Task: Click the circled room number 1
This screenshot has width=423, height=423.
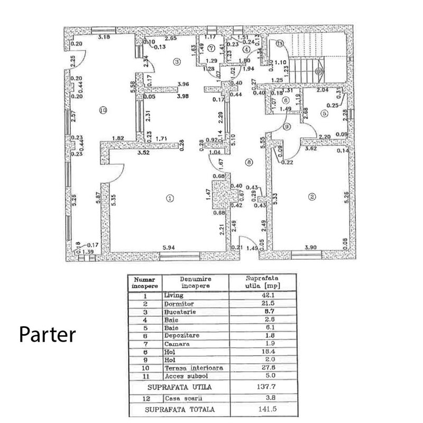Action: pyautogui.click(x=169, y=198)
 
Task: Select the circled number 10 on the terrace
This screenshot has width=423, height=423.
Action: pyautogui.click(x=103, y=111)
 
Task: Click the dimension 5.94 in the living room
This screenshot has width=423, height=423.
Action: pyautogui.click(x=169, y=247)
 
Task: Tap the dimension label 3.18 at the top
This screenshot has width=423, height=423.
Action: pyautogui.click(x=105, y=37)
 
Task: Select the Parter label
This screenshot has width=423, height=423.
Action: pyautogui.click(x=48, y=334)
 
